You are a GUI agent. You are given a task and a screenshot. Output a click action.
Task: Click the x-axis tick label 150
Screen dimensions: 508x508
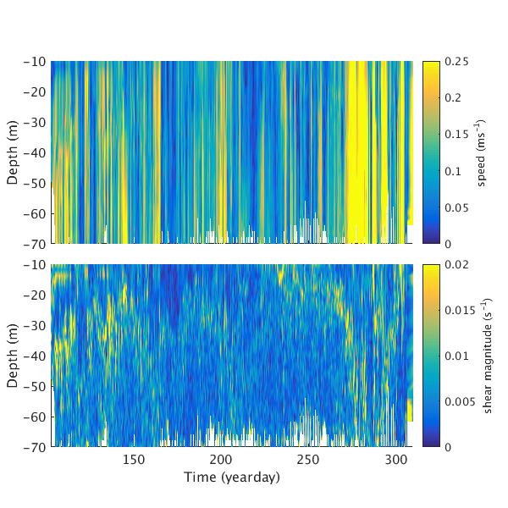click(x=134, y=459)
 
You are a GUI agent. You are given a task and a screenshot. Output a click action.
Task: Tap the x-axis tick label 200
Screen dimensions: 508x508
click(x=221, y=459)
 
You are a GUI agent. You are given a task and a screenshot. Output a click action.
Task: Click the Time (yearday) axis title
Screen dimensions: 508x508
click(x=231, y=477)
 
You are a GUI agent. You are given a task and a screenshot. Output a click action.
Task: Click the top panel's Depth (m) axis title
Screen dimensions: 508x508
click(x=13, y=152)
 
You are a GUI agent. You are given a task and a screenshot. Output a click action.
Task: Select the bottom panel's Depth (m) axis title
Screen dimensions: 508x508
click(x=13, y=356)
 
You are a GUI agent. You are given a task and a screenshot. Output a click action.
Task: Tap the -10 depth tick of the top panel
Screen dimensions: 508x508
click(x=35, y=62)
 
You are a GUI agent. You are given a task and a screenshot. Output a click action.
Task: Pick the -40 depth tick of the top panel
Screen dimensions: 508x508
click(x=35, y=152)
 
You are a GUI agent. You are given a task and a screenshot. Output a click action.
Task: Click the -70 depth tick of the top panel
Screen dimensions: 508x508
click(x=35, y=244)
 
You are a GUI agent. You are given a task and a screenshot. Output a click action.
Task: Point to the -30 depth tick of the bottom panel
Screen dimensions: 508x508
click(x=35, y=325)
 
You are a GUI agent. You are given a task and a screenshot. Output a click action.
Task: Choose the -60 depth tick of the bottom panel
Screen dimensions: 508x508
click(x=35, y=416)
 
